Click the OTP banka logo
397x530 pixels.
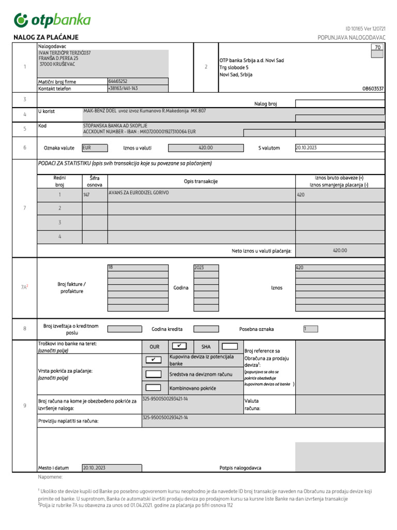click(x=52, y=20)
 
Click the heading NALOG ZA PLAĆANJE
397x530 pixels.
click(x=45, y=38)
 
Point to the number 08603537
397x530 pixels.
click(x=373, y=89)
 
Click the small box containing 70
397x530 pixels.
click(x=377, y=47)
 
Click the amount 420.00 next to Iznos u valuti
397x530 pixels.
click(x=205, y=148)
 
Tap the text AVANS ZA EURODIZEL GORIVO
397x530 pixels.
click(x=139, y=193)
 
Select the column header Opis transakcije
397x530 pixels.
click(x=201, y=181)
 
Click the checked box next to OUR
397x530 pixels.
click(x=179, y=346)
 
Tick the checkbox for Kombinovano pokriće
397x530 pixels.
click(x=154, y=387)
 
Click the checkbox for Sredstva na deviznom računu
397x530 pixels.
click(x=154, y=374)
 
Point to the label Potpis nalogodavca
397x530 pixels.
click(x=240, y=468)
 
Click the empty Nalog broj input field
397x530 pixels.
click(x=339, y=104)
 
